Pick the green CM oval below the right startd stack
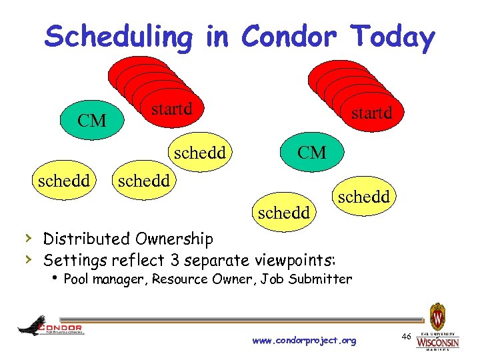point(311,153)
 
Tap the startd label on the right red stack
point(371,114)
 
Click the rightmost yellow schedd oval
point(364,197)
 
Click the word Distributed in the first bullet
point(86,239)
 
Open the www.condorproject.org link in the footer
point(304,341)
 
